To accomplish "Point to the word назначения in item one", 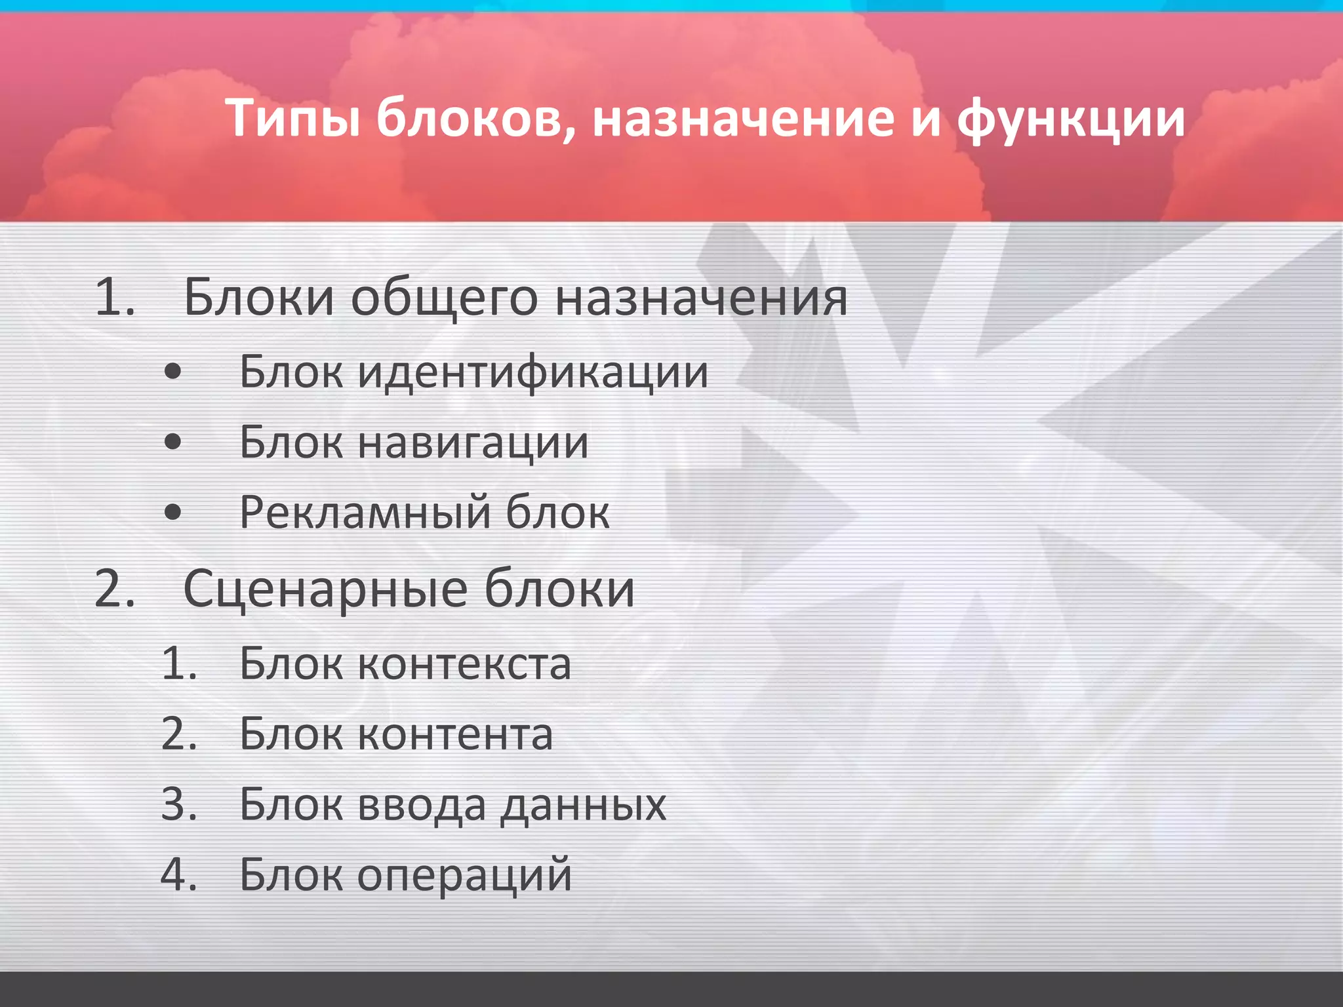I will point(701,299).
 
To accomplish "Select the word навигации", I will point(473,443).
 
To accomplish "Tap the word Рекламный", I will point(365,513).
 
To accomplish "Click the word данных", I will point(584,805).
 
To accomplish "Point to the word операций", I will point(464,875).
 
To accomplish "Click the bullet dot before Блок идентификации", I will point(172,372).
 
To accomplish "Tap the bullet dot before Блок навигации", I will point(172,443).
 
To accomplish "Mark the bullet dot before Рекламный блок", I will point(172,512).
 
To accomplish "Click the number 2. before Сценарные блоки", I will point(115,589).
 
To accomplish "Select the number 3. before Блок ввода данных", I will point(179,804).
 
